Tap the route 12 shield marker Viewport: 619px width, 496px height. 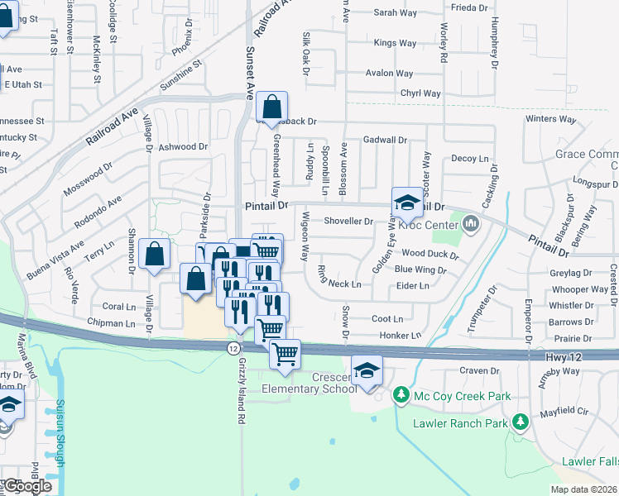coord(234,348)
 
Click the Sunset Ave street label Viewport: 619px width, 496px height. coord(247,69)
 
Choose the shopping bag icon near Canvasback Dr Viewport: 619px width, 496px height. coord(271,107)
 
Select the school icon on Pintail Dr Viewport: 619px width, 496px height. coord(407,203)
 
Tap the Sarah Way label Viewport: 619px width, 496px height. coord(396,12)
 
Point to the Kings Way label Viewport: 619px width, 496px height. coord(394,42)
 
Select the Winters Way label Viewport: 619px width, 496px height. coord(550,119)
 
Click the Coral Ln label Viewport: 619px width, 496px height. coord(118,306)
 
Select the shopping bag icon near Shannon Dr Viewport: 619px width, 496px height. coord(155,255)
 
